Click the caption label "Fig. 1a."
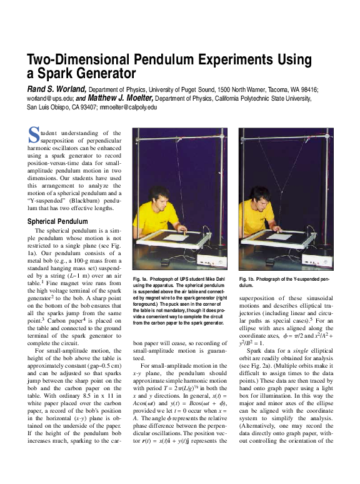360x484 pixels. click(x=144, y=278)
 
